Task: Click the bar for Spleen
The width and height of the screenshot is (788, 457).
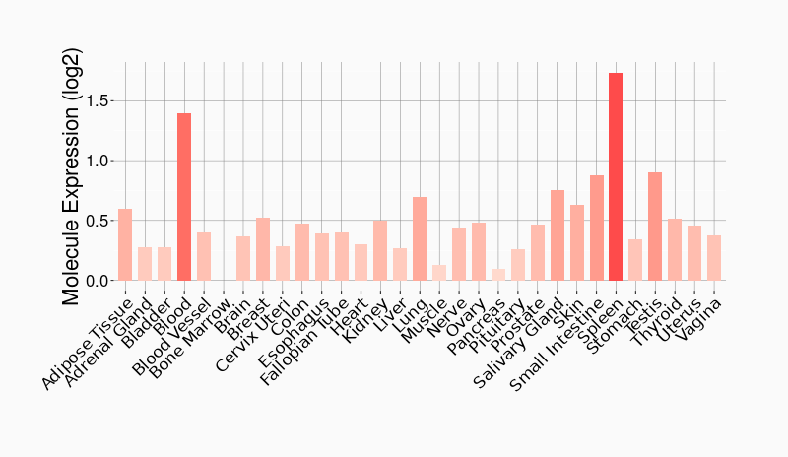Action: click(x=616, y=177)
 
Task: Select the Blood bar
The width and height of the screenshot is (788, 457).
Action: click(x=184, y=197)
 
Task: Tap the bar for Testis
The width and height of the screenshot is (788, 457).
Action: click(x=655, y=227)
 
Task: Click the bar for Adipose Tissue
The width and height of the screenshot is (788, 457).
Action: click(x=125, y=245)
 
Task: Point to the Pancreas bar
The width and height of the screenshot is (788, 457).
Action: click(x=498, y=275)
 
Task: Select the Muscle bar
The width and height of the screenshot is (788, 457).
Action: click(x=439, y=273)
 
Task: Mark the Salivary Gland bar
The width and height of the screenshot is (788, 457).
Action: click(x=557, y=235)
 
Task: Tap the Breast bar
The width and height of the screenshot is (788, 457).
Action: click(x=263, y=249)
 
